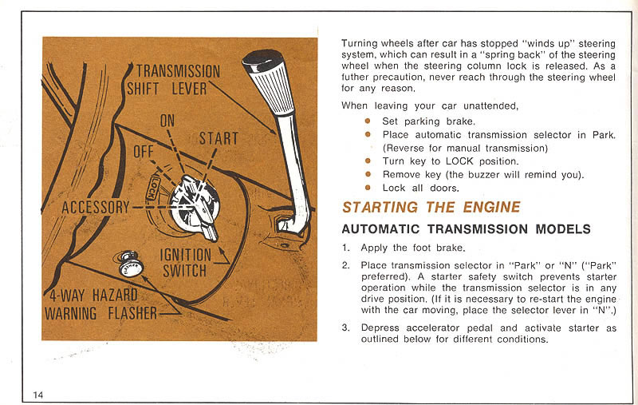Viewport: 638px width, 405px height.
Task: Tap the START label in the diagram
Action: tap(219, 138)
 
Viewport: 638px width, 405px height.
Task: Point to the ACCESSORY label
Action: tap(96, 207)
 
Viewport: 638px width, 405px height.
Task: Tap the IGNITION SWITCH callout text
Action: tap(185, 262)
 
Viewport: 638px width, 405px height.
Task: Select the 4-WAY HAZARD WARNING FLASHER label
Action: tap(101, 304)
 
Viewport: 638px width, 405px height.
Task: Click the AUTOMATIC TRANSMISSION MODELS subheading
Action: tap(466, 229)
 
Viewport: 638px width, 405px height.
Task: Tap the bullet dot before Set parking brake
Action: tap(368, 121)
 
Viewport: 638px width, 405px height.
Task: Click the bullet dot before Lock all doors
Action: tap(368, 188)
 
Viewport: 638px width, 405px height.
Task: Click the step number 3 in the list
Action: tap(345, 327)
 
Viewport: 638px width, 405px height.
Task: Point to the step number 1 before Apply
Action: tap(345, 248)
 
